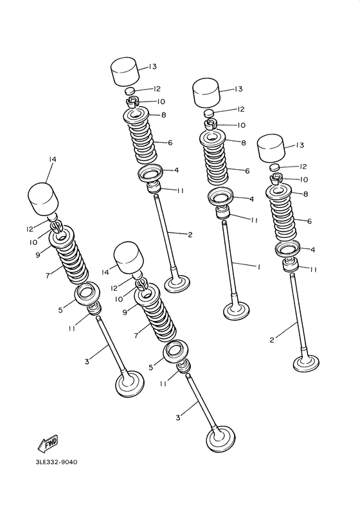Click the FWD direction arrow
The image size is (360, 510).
tap(45, 444)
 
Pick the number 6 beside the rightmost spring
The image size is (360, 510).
tap(309, 221)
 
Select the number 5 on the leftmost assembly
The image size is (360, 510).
tap(60, 310)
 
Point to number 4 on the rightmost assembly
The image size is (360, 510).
tap(312, 250)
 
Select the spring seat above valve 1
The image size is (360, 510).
tap(221, 198)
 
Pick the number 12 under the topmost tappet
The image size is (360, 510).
tap(156, 89)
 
